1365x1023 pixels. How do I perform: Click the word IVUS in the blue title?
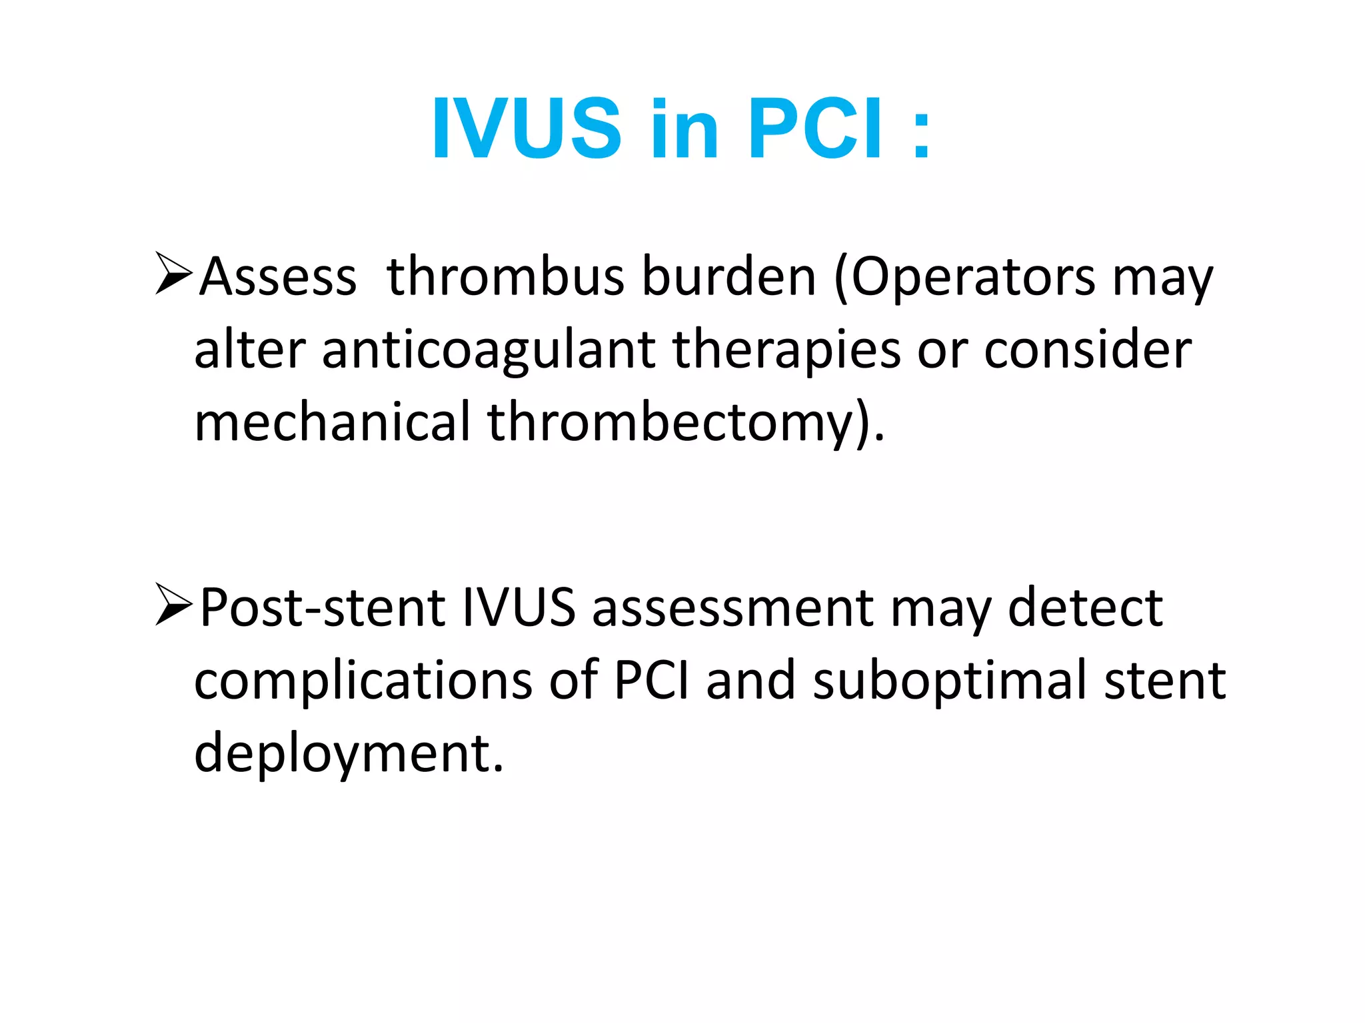(x=527, y=129)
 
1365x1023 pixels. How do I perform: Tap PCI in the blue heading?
(x=817, y=129)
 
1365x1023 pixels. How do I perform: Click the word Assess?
(x=279, y=277)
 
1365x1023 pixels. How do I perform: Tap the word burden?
(x=729, y=277)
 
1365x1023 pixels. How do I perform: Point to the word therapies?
(x=787, y=351)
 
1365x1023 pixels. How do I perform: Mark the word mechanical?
(x=333, y=422)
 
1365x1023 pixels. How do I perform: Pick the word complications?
(x=363, y=681)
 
